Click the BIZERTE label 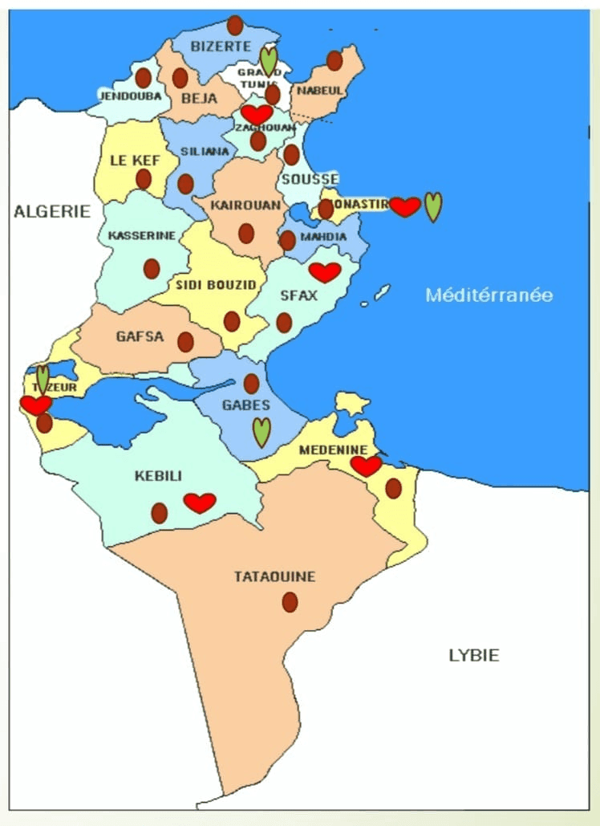click(x=221, y=47)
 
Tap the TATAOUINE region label click(x=274, y=576)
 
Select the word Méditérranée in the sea click(x=489, y=295)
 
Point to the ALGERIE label click(x=52, y=211)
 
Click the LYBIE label click(x=473, y=655)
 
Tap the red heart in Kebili click(x=200, y=503)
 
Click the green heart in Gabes click(x=261, y=432)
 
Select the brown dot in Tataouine click(x=290, y=601)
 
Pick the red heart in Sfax click(x=325, y=272)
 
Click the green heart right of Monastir click(x=433, y=206)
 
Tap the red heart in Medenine click(x=367, y=466)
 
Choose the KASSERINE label click(x=141, y=236)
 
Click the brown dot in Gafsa click(x=185, y=342)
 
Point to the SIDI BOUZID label click(x=216, y=284)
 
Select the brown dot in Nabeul click(x=334, y=60)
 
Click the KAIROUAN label click(x=245, y=205)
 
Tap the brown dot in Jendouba click(x=143, y=78)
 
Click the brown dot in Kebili click(x=160, y=512)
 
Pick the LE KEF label click(x=134, y=161)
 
